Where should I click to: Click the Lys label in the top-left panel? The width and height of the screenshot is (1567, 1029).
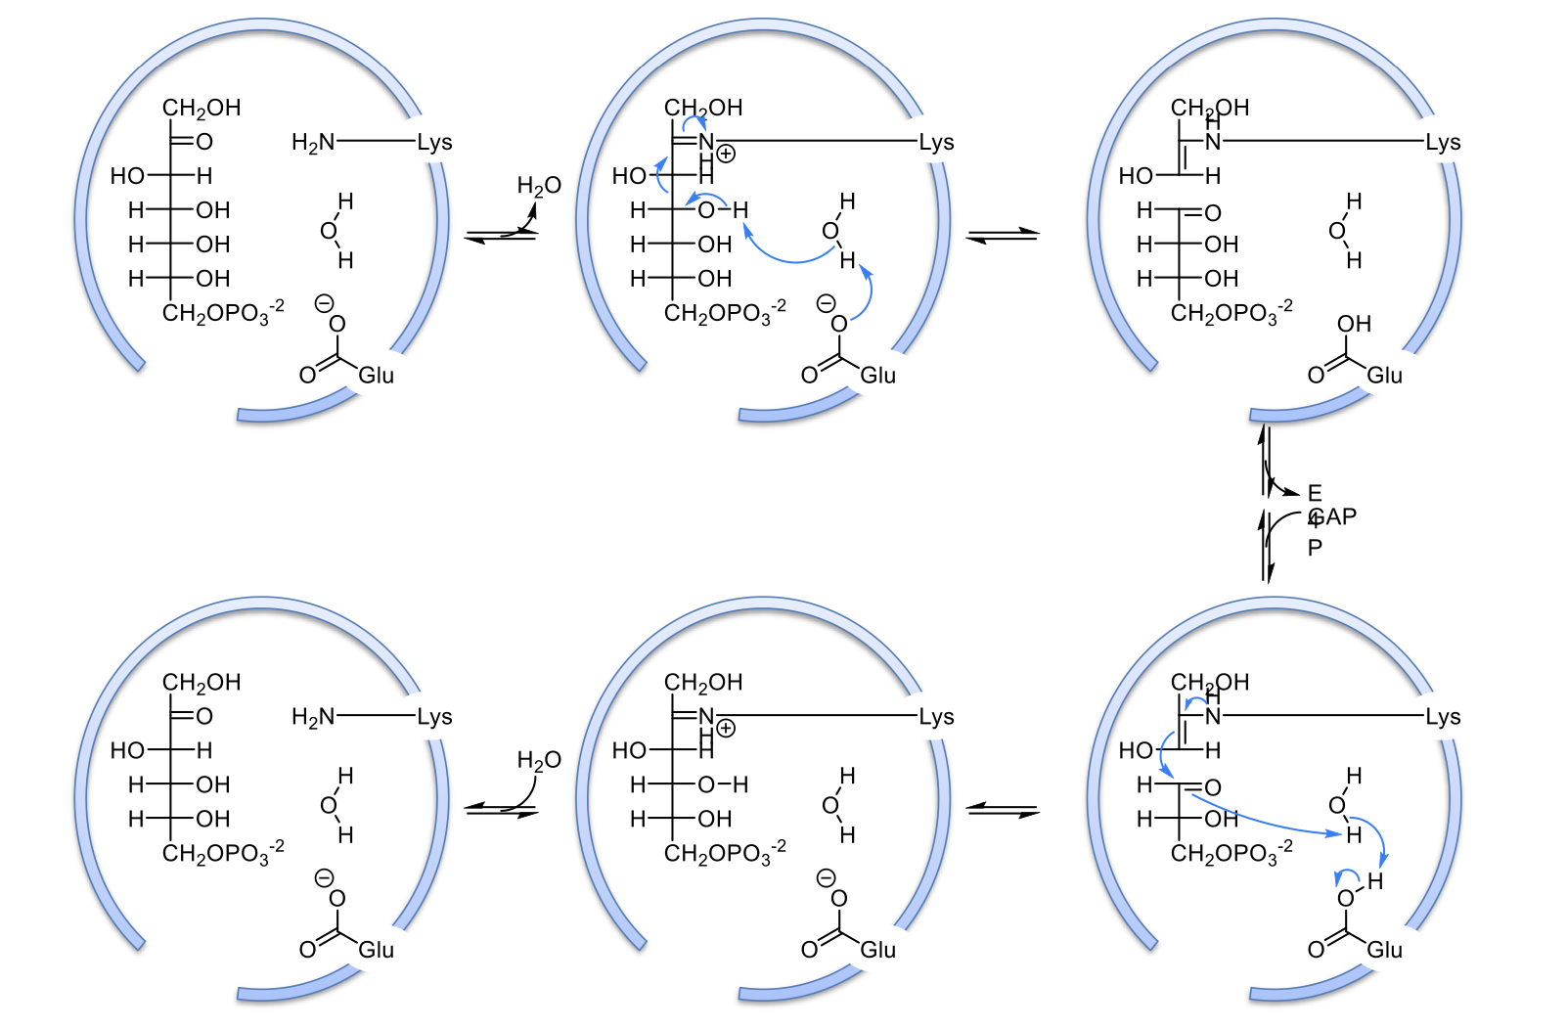pos(434,143)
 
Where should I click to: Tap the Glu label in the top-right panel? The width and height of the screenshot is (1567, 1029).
pos(1384,376)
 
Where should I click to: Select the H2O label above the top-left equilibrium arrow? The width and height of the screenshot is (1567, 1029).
pos(539,186)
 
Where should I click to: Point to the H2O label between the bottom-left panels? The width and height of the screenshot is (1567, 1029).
pos(539,760)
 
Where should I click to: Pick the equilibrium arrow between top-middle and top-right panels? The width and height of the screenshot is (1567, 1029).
pos(1003,235)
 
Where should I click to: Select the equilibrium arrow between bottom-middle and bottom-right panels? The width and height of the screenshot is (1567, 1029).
pos(1003,810)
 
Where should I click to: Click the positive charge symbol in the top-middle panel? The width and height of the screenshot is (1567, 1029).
pos(726,154)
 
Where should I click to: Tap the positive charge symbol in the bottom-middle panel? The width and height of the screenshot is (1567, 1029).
pos(726,729)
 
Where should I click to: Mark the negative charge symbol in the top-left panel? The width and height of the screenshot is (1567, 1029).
pos(324,303)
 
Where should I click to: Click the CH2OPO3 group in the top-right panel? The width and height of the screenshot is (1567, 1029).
pos(1231,313)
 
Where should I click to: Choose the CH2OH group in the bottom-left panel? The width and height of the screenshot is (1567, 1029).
pos(201,682)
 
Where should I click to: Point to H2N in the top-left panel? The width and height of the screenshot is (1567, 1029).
pos(313,143)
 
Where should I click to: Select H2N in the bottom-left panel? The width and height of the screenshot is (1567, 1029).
pos(313,717)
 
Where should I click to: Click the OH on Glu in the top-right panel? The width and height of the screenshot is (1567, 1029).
pos(1354,324)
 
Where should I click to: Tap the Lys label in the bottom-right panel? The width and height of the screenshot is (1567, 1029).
pos(1443,717)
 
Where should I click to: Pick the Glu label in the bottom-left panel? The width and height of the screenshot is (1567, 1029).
pos(376,950)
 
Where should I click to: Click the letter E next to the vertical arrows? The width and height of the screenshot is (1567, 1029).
pos(1315,493)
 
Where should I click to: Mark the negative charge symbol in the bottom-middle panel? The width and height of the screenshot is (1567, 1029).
pos(826,877)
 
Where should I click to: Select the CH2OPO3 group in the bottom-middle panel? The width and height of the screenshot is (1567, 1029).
pos(724,854)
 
